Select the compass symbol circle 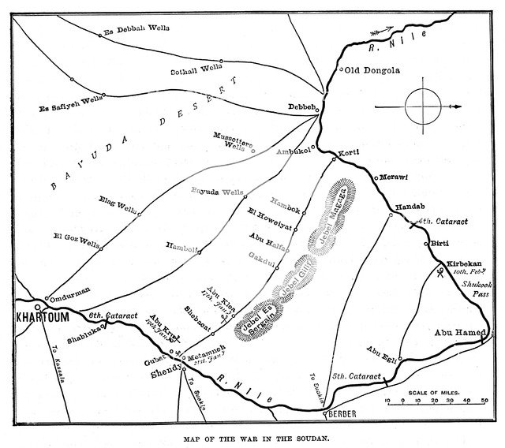tap(420, 105)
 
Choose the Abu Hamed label tap(457, 333)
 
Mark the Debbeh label tap(303, 106)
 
